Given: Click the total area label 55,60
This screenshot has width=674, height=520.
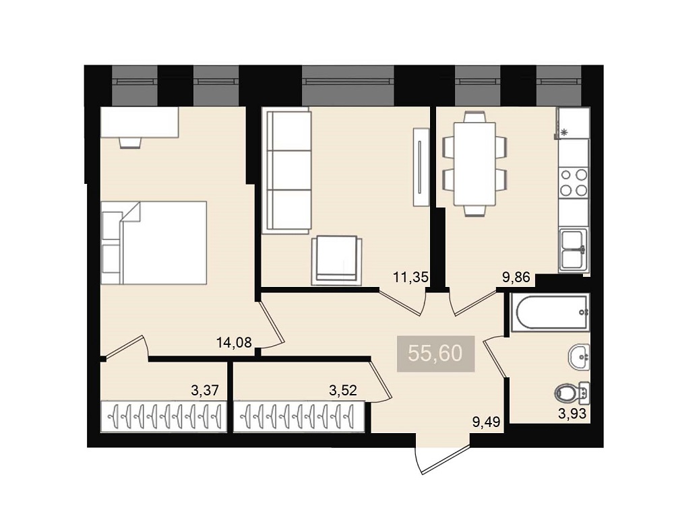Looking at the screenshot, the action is (435, 353).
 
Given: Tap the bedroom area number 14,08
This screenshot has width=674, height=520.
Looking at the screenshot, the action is (234, 342).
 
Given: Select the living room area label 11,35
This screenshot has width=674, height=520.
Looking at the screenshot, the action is (411, 278).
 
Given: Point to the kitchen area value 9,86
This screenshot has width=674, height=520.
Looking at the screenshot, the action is (516, 278).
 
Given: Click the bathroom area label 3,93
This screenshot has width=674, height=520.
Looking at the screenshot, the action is (572, 414).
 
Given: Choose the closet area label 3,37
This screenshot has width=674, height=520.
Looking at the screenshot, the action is (205, 390).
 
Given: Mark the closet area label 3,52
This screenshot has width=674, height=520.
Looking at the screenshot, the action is (343, 390).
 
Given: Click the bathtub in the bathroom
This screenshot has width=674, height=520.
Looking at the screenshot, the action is (550, 313).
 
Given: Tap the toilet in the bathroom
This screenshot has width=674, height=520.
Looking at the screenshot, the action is (572, 393).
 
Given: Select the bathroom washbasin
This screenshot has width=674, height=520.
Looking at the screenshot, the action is (579, 357).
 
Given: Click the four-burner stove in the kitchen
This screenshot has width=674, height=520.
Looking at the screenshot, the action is (574, 183).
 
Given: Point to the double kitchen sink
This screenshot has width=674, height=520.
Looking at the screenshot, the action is (574, 250).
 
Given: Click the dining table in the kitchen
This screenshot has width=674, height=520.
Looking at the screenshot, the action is (474, 164).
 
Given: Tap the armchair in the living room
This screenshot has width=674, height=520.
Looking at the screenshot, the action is (336, 261).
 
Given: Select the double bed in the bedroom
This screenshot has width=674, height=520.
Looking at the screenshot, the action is (154, 242).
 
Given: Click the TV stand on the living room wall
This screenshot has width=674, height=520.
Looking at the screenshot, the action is (421, 167).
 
